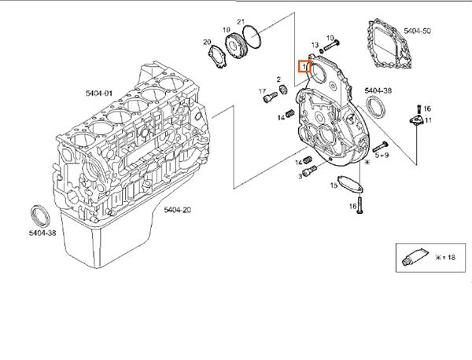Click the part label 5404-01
coord(100,93)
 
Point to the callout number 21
coord(242,21)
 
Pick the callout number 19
coord(226,30)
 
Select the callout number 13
coord(314,46)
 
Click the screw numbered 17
coord(273,97)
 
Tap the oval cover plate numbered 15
coord(345,186)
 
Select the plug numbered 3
coord(306,170)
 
